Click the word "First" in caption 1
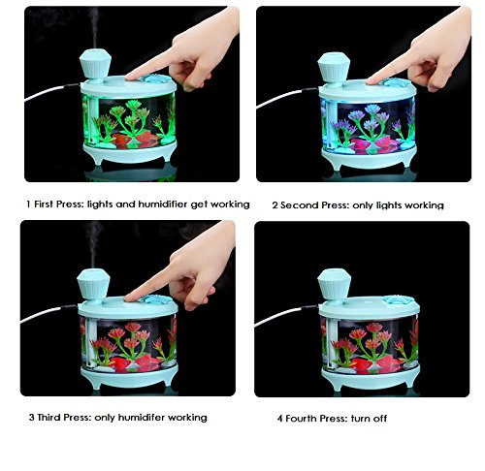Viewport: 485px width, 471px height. [x=44, y=204]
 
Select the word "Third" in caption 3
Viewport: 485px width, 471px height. [x=49, y=417]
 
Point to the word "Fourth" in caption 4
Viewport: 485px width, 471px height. [x=301, y=419]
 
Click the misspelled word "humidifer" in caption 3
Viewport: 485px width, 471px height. [x=142, y=417]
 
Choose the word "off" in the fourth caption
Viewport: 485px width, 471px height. [x=380, y=419]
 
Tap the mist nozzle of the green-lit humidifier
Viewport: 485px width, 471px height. [x=95, y=66]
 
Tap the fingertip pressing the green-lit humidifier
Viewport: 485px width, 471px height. [x=130, y=77]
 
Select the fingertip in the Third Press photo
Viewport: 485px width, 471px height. [x=129, y=298]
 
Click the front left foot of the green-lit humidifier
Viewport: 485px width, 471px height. [x=96, y=158]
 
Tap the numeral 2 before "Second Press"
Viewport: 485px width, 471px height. [x=275, y=205]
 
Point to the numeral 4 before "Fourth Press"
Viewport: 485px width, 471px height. [x=280, y=419]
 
